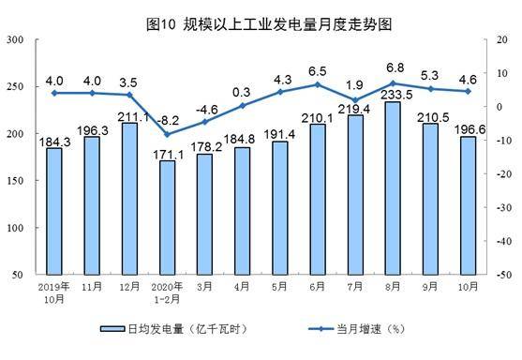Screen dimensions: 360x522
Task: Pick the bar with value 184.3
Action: [x=54, y=212]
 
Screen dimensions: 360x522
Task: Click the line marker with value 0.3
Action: [x=242, y=105]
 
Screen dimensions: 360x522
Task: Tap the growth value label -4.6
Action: [x=204, y=109]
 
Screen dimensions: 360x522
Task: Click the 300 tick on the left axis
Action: [x=16, y=39]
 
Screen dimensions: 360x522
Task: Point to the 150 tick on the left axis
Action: [x=16, y=181]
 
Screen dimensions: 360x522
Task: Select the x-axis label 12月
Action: [x=129, y=284]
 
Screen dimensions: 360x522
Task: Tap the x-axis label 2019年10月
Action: [x=54, y=290]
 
